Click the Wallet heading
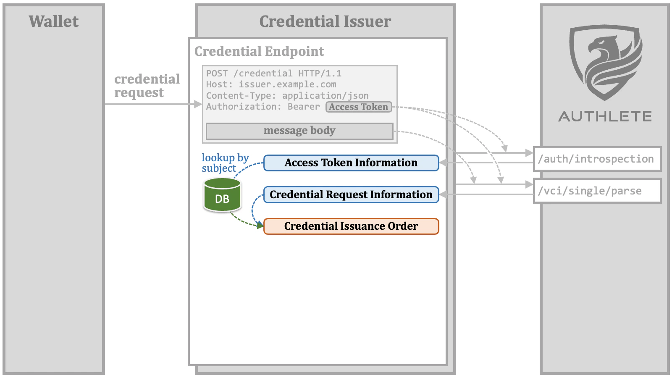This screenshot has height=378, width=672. point(53,21)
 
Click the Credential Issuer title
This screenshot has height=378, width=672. point(325,21)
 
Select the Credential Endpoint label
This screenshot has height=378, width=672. point(259,51)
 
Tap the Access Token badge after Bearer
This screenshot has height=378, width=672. point(358,107)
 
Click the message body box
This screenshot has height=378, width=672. point(299,131)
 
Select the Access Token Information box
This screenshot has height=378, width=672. point(351,163)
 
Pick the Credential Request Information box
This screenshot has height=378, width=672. point(351,195)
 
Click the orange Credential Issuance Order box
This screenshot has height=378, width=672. point(351,226)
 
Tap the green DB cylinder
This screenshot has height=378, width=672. point(222,195)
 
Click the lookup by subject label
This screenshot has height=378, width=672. point(225,163)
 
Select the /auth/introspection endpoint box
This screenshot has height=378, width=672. point(597,159)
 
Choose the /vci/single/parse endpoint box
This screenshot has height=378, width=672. point(597,191)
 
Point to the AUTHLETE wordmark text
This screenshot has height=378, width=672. point(605,116)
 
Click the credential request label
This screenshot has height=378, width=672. point(147,86)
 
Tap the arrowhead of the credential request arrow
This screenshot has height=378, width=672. point(198,104)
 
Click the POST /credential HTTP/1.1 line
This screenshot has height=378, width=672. point(273,73)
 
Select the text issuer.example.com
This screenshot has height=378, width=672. point(287,84)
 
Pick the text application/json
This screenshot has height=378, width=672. point(325,96)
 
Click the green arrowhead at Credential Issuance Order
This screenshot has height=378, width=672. point(260,225)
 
